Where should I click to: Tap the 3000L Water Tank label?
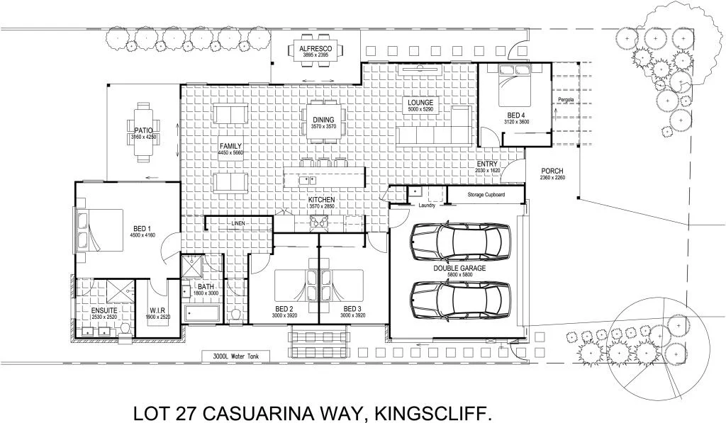click(x=232, y=356)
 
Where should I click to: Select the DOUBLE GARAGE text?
click(x=459, y=269)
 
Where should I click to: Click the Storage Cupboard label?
click(x=486, y=195)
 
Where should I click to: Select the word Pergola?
click(x=565, y=100)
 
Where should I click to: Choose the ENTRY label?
click(x=488, y=164)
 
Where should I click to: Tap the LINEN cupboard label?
click(x=238, y=223)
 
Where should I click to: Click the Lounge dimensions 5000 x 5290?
click(x=420, y=110)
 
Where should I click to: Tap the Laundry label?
click(x=427, y=206)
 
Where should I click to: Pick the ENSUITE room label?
click(x=99, y=310)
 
